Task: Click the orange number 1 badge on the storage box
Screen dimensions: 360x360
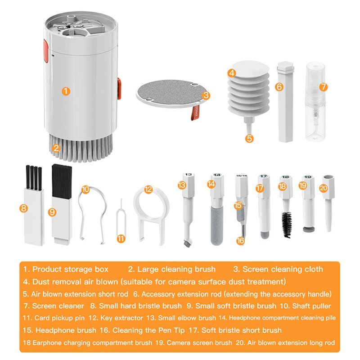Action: point(66,91)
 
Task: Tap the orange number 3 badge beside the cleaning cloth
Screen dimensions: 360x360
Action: point(206,95)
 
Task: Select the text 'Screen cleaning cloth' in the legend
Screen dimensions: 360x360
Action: point(283,269)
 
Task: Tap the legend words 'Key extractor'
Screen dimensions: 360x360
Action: point(120,318)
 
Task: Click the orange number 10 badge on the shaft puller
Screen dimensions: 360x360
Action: point(85,189)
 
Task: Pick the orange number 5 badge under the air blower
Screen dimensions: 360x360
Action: point(250,138)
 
